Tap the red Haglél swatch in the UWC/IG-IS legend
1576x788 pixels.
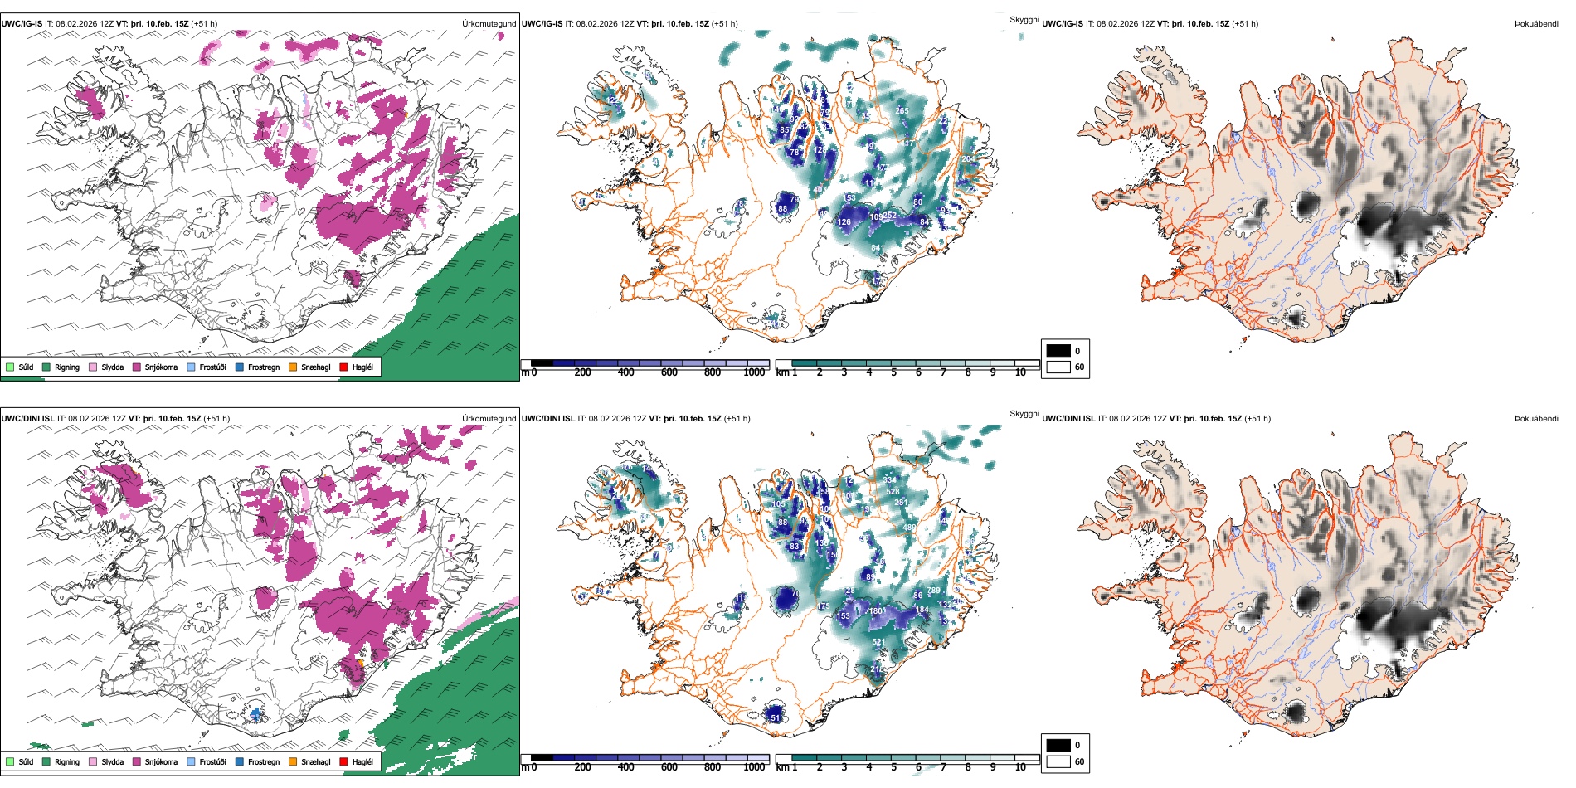(344, 367)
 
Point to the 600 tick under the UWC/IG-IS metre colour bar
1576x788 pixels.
(669, 372)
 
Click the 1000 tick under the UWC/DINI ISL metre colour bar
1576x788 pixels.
(754, 767)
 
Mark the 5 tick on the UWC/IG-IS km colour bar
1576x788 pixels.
(893, 372)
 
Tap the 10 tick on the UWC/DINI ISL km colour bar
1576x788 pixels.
(1020, 767)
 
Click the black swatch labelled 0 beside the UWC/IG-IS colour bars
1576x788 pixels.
(1058, 351)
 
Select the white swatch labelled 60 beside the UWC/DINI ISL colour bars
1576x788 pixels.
(1058, 761)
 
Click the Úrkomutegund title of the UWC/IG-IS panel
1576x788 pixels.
(489, 24)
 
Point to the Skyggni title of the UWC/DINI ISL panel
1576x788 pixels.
(1024, 414)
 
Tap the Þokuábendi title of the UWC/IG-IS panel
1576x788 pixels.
(1536, 24)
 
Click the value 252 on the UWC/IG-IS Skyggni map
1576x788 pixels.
(889, 216)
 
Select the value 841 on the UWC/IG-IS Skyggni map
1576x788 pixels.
(878, 248)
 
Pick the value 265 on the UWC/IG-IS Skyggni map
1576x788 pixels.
(902, 111)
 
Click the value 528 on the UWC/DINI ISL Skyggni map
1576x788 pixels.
(893, 492)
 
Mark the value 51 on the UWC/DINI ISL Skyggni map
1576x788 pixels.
(776, 717)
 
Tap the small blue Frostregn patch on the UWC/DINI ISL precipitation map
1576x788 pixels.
(256, 713)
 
